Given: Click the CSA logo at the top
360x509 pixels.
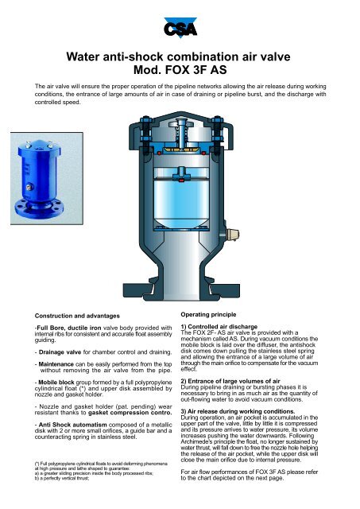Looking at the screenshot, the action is (180, 28).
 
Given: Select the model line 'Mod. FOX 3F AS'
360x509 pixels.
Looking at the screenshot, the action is (180, 70).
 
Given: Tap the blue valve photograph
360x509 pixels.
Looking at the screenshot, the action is (47, 178).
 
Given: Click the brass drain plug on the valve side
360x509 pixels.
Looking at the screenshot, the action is (233, 233).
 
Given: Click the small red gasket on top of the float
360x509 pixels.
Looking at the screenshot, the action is (181, 180).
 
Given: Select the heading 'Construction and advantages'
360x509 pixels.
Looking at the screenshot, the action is (77, 316).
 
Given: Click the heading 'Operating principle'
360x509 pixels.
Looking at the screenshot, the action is (208, 315).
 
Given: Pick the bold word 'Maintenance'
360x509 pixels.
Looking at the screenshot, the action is (56, 364).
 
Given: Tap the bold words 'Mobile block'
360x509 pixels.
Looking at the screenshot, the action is (56, 383).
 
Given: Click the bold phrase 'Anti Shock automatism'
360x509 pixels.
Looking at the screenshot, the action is (72, 425).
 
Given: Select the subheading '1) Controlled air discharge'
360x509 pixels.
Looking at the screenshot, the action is (219, 327).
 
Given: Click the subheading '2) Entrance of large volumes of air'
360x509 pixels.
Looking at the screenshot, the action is (230, 381).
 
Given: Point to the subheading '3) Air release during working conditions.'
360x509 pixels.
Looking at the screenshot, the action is (238, 412).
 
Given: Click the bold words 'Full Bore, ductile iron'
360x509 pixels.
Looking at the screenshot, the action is (69, 328).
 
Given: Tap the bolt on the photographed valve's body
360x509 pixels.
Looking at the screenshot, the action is (29, 187).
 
